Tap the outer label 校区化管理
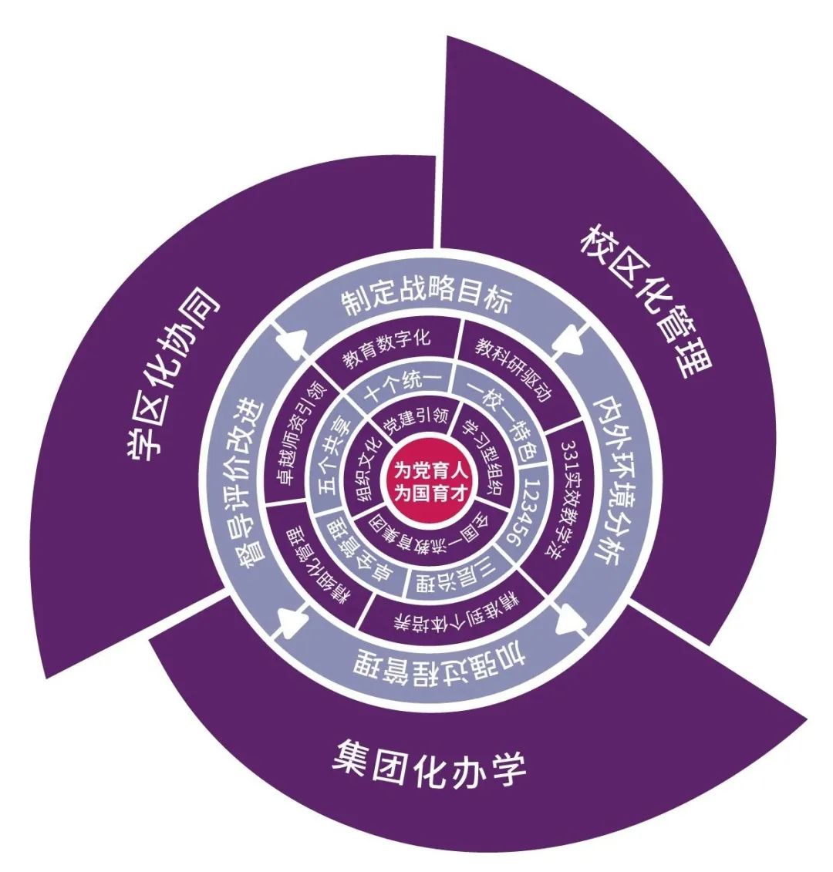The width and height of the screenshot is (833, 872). coord(646,301)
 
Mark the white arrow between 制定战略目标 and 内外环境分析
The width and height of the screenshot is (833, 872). coord(568,338)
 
